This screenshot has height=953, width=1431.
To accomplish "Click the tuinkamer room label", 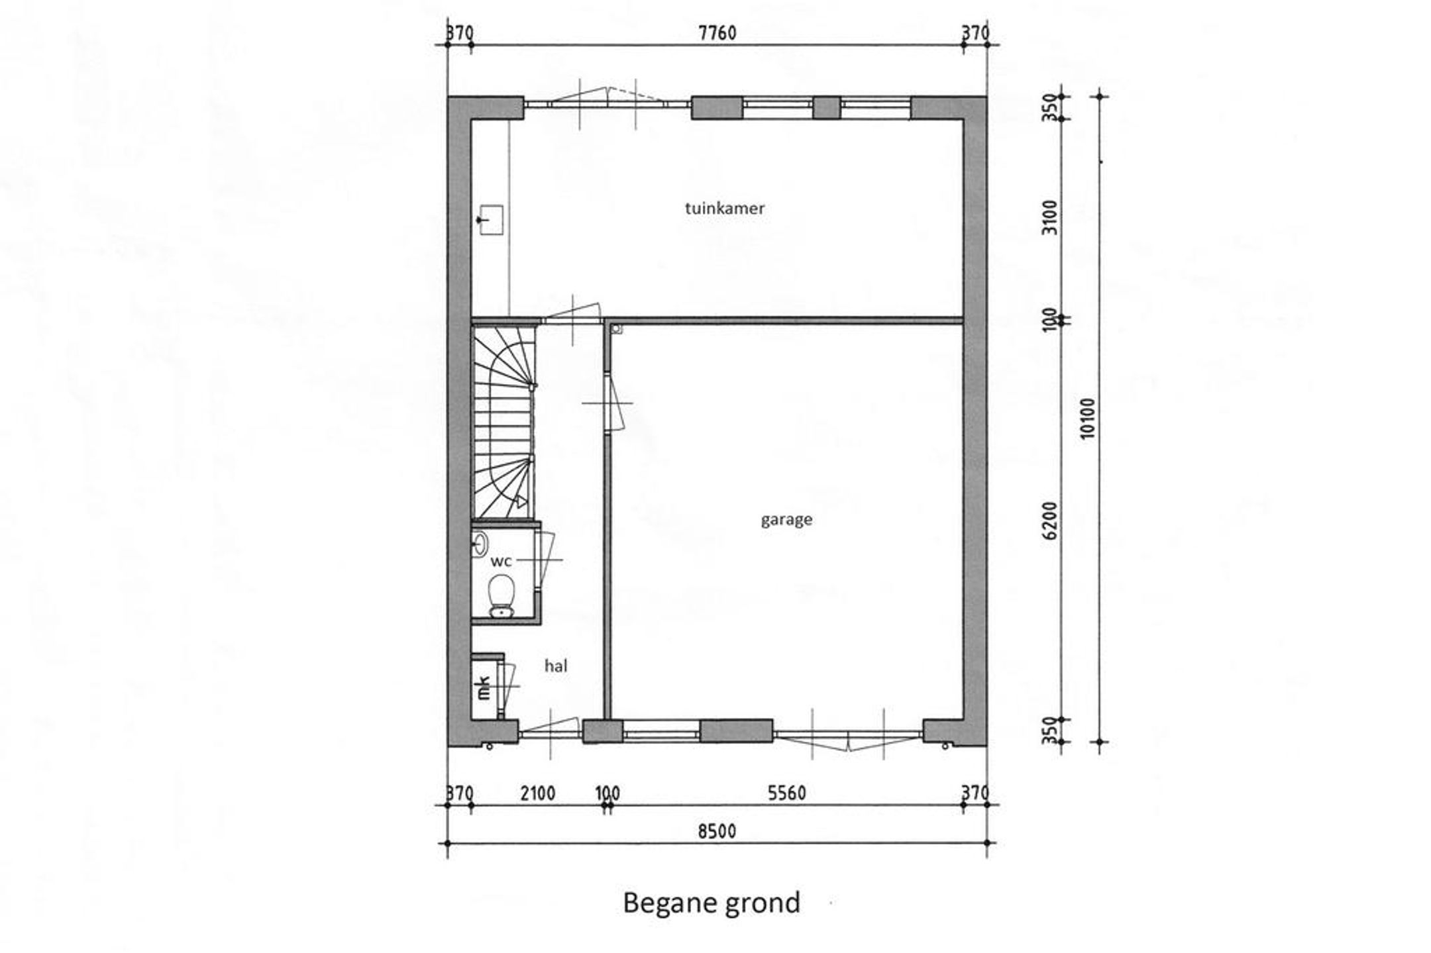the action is [725, 208].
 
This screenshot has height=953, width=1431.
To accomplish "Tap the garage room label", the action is [786, 520].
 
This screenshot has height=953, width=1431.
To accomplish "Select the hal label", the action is [556, 666].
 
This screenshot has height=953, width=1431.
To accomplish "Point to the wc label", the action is [501, 562].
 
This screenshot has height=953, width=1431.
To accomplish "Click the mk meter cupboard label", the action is [484, 687].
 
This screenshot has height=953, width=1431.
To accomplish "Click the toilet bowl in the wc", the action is [500, 595].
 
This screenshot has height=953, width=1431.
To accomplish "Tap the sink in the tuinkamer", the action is [490, 220].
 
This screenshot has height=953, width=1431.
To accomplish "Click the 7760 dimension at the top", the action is [717, 32].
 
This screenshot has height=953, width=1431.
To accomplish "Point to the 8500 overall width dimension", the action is [717, 831].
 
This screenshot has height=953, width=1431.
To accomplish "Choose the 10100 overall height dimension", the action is [1087, 419].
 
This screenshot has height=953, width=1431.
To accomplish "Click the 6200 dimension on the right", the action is [1050, 521].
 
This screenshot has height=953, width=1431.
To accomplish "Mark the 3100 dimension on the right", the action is [1050, 217].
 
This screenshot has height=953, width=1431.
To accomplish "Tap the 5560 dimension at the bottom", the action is [787, 793].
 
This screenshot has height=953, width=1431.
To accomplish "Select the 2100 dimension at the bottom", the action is [537, 793].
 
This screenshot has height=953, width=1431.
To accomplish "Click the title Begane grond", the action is [712, 903].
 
